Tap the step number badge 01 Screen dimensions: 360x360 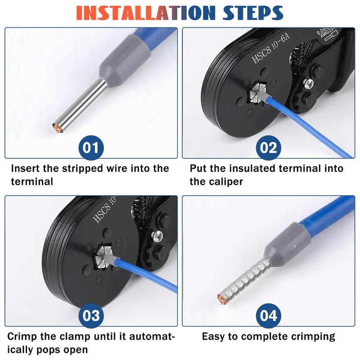pos(91,148)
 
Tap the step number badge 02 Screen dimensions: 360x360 pos(269,148)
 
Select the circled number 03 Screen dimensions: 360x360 pos(91,315)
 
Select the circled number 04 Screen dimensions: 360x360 pos(269,315)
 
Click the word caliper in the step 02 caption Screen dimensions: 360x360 pos(227,182)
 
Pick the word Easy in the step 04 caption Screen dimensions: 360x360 pos(215,336)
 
